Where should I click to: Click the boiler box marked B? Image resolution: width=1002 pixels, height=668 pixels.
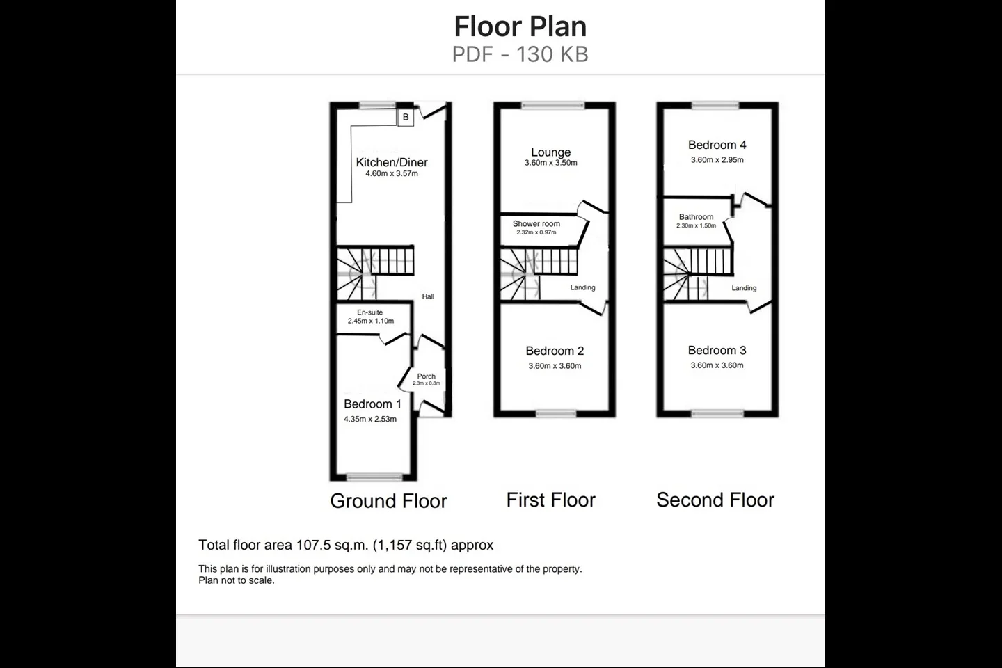405,117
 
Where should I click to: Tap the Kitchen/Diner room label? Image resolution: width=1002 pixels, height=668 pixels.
392,162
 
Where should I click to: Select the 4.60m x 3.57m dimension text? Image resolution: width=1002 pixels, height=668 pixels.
392,173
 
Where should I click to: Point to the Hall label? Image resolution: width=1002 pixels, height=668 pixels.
428,296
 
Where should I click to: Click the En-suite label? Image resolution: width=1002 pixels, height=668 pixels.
370,312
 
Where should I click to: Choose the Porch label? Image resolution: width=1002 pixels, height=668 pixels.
427,376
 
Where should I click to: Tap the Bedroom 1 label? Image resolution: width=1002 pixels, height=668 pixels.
373,404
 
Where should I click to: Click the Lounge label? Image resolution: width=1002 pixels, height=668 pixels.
550,152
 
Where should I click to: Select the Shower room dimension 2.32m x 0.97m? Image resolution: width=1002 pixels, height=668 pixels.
536,232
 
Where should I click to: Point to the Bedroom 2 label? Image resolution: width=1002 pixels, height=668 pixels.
555,351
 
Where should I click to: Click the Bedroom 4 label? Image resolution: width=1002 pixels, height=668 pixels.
717,145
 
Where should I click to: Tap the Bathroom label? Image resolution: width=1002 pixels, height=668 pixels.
696,217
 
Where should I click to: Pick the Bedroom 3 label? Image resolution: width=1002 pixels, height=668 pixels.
717,350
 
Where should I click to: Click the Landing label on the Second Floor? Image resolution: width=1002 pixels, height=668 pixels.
744,288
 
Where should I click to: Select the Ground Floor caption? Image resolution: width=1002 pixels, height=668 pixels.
389,501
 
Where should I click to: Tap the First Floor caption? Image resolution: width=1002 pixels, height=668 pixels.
550,500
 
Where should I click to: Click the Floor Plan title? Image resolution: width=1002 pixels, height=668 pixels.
520,26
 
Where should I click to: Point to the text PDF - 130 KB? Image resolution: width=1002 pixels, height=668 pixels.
520,54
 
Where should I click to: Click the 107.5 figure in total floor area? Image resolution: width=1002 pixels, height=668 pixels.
312,545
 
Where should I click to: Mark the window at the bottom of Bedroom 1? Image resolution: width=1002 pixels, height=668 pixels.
374,477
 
